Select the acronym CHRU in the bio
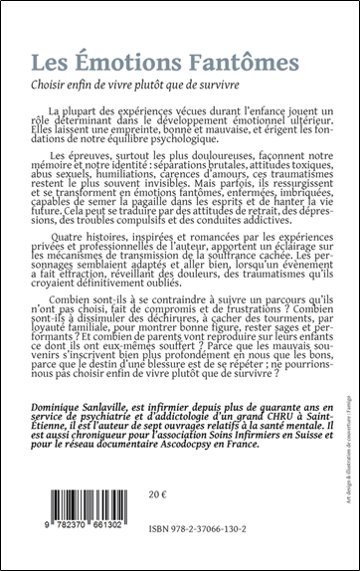243,439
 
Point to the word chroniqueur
116,461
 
